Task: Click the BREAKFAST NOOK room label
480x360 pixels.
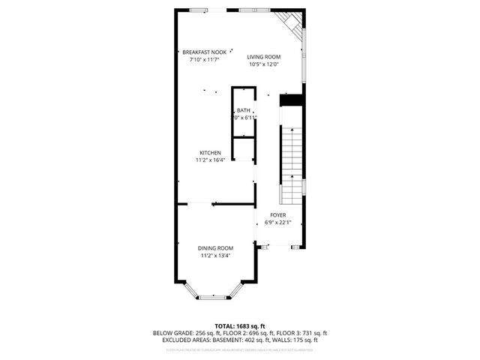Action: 204,52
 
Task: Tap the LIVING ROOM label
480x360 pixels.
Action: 264,57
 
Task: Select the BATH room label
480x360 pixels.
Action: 244,111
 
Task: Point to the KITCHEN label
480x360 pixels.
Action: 210,152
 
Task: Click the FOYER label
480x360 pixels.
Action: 278,215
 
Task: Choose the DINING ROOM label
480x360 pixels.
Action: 215,248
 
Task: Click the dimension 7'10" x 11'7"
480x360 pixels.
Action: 204,59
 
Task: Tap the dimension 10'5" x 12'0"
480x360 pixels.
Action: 264,64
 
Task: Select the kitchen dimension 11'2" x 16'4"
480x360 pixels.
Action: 210,160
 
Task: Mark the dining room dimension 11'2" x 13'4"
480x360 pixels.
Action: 215,256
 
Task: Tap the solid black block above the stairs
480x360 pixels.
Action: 290,100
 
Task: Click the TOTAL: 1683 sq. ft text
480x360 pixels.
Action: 240,325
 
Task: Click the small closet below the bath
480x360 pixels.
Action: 242,148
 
